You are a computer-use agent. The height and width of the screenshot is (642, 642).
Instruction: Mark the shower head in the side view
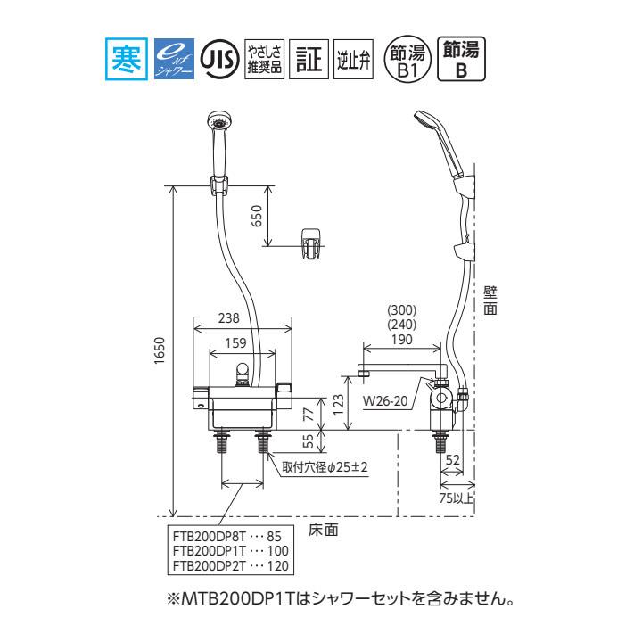pyautogui.click(x=440, y=135)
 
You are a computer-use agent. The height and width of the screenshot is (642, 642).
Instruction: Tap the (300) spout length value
pyautogui.click(x=403, y=311)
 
